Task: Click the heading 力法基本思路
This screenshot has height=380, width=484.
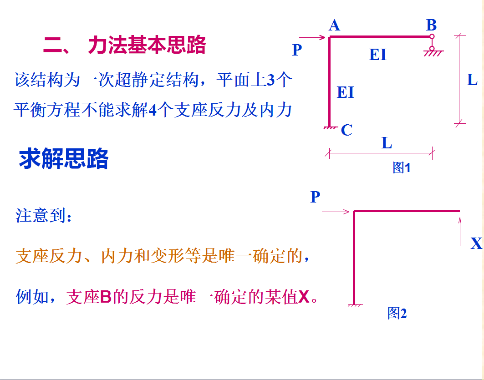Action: [x=147, y=46]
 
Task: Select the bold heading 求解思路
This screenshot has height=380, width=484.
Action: [x=64, y=160]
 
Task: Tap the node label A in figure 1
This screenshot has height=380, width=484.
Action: [x=334, y=25]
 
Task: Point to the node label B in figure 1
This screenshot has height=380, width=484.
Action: [x=431, y=25]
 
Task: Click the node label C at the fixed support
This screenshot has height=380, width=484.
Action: [x=346, y=131]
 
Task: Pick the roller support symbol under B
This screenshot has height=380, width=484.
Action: [x=432, y=47]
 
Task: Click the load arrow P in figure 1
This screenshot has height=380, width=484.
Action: [x=314, y=38]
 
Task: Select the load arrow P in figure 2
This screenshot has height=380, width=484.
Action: [x=336, y=212]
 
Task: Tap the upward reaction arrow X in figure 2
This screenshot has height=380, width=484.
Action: [x=460, y=232]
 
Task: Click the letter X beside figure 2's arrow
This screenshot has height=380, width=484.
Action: [x=476, y=244]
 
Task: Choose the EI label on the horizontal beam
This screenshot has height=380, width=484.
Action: [x=378, y=55]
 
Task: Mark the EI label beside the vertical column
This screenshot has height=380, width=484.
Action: [x=346, y=92]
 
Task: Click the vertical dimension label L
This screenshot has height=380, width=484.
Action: [x=472, y=81]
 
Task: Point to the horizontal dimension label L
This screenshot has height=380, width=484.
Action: [x=387, y=144]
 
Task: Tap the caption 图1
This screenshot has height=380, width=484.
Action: [x=402, y=168]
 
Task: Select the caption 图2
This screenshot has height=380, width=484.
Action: [x=397, y=313]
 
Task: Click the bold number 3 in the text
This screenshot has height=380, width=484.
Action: [x=270, y=81]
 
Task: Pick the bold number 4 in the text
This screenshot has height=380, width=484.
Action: [x=153, y=111]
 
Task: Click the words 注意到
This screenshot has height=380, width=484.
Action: [x=43, y=215]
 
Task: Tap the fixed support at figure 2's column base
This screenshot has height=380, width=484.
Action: [x=354, y=305]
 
